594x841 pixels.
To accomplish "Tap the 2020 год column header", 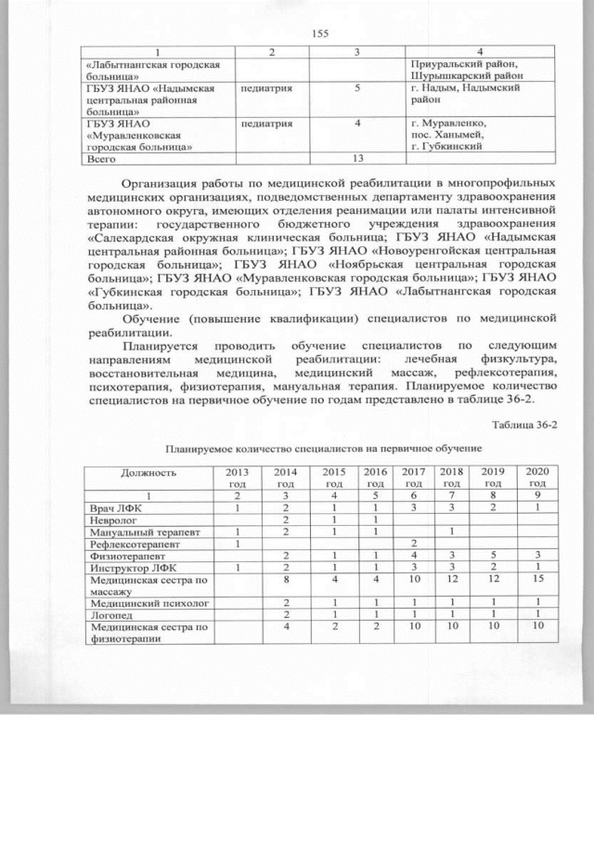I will pyautogui.click(x=536, y=478).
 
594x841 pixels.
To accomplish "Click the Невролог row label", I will pyautogui.click(x=110, y=521).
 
